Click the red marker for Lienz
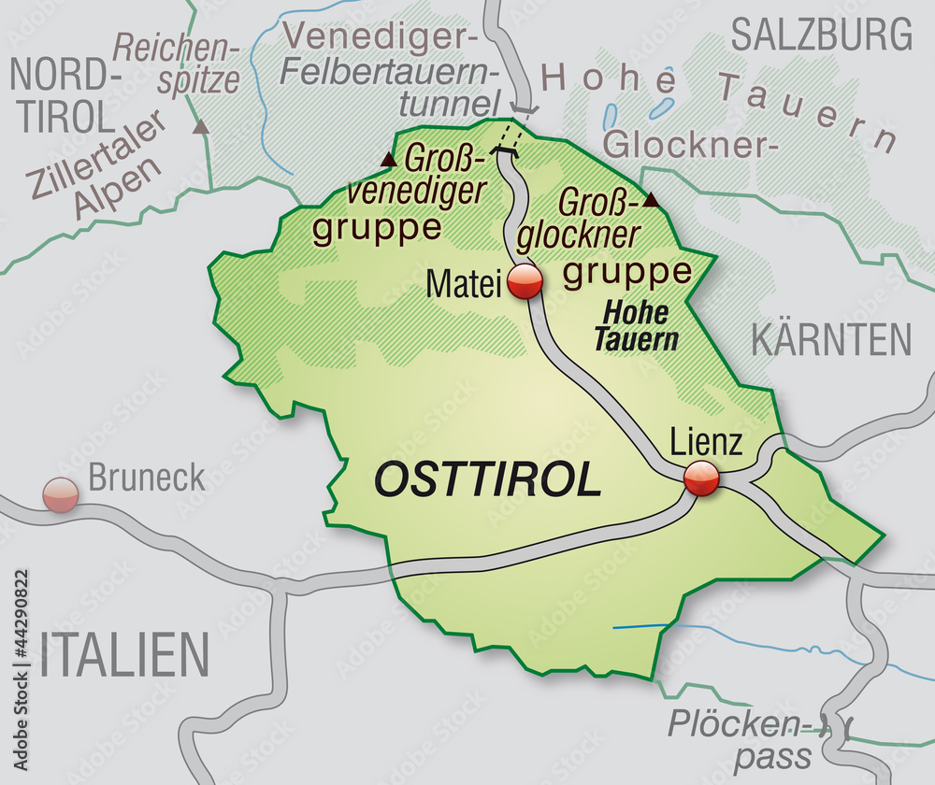(x=701, y=478)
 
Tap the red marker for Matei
(x=525, y=281)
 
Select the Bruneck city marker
(x=61, y=493)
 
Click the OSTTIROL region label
(x=486, y=480)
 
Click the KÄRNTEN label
(x=830, y=340)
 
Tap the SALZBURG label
(x=821, y=36)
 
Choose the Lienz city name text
(x=707, y=441)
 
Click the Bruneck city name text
(x=147, y=478)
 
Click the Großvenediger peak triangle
(x=389, y=160)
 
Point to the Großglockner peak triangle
(x=652, y=200)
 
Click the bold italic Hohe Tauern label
(x=636, y=326)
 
